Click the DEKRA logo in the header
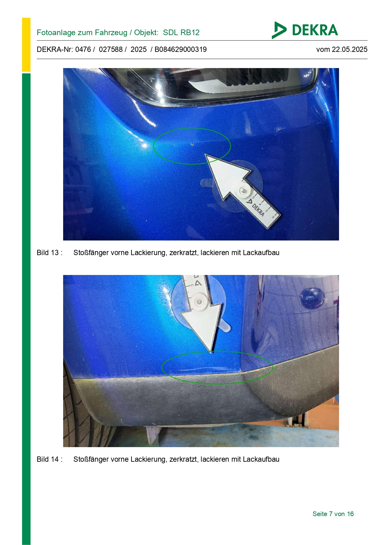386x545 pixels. (305, 30)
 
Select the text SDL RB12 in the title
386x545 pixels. (181, 33)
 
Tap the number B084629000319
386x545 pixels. (181, 49)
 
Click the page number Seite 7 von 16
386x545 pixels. (333, 514)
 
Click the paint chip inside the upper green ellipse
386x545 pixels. (192, 144)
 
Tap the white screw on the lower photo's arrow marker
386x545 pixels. (198, 301)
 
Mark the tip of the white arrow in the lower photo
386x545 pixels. (211, 353)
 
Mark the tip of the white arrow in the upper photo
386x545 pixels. (206, 154)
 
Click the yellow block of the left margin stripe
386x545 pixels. (26, 45)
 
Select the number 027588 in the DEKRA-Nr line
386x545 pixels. (111, 49)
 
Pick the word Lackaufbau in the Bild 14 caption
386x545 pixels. (261, 459)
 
